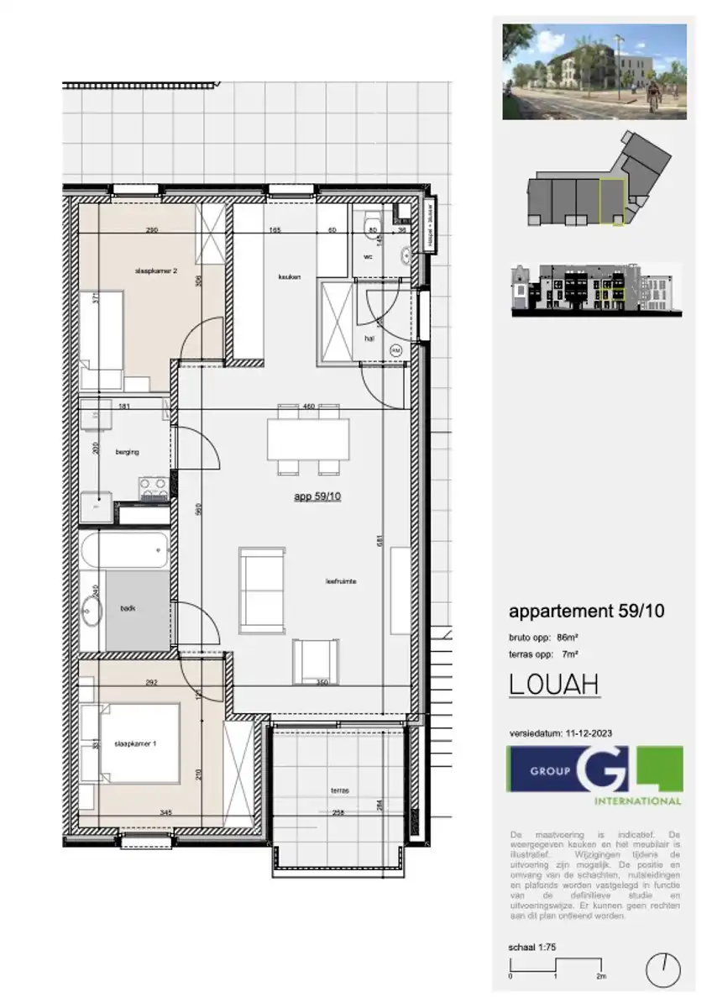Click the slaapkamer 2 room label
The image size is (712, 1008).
(155, 271)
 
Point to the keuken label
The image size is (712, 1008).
(290, 276)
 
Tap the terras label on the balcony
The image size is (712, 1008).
(339, 791)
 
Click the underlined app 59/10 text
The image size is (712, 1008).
(317, 496)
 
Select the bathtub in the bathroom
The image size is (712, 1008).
(125, 552)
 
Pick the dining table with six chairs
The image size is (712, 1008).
(308, 438)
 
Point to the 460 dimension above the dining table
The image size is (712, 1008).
(308, 407)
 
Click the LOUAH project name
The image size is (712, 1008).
(554, 685)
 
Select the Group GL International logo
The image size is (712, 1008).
(594, 774)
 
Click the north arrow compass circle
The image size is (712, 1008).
(662, 970)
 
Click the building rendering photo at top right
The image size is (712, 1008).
(594, 71)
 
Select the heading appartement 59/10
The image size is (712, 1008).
(586, 612)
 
